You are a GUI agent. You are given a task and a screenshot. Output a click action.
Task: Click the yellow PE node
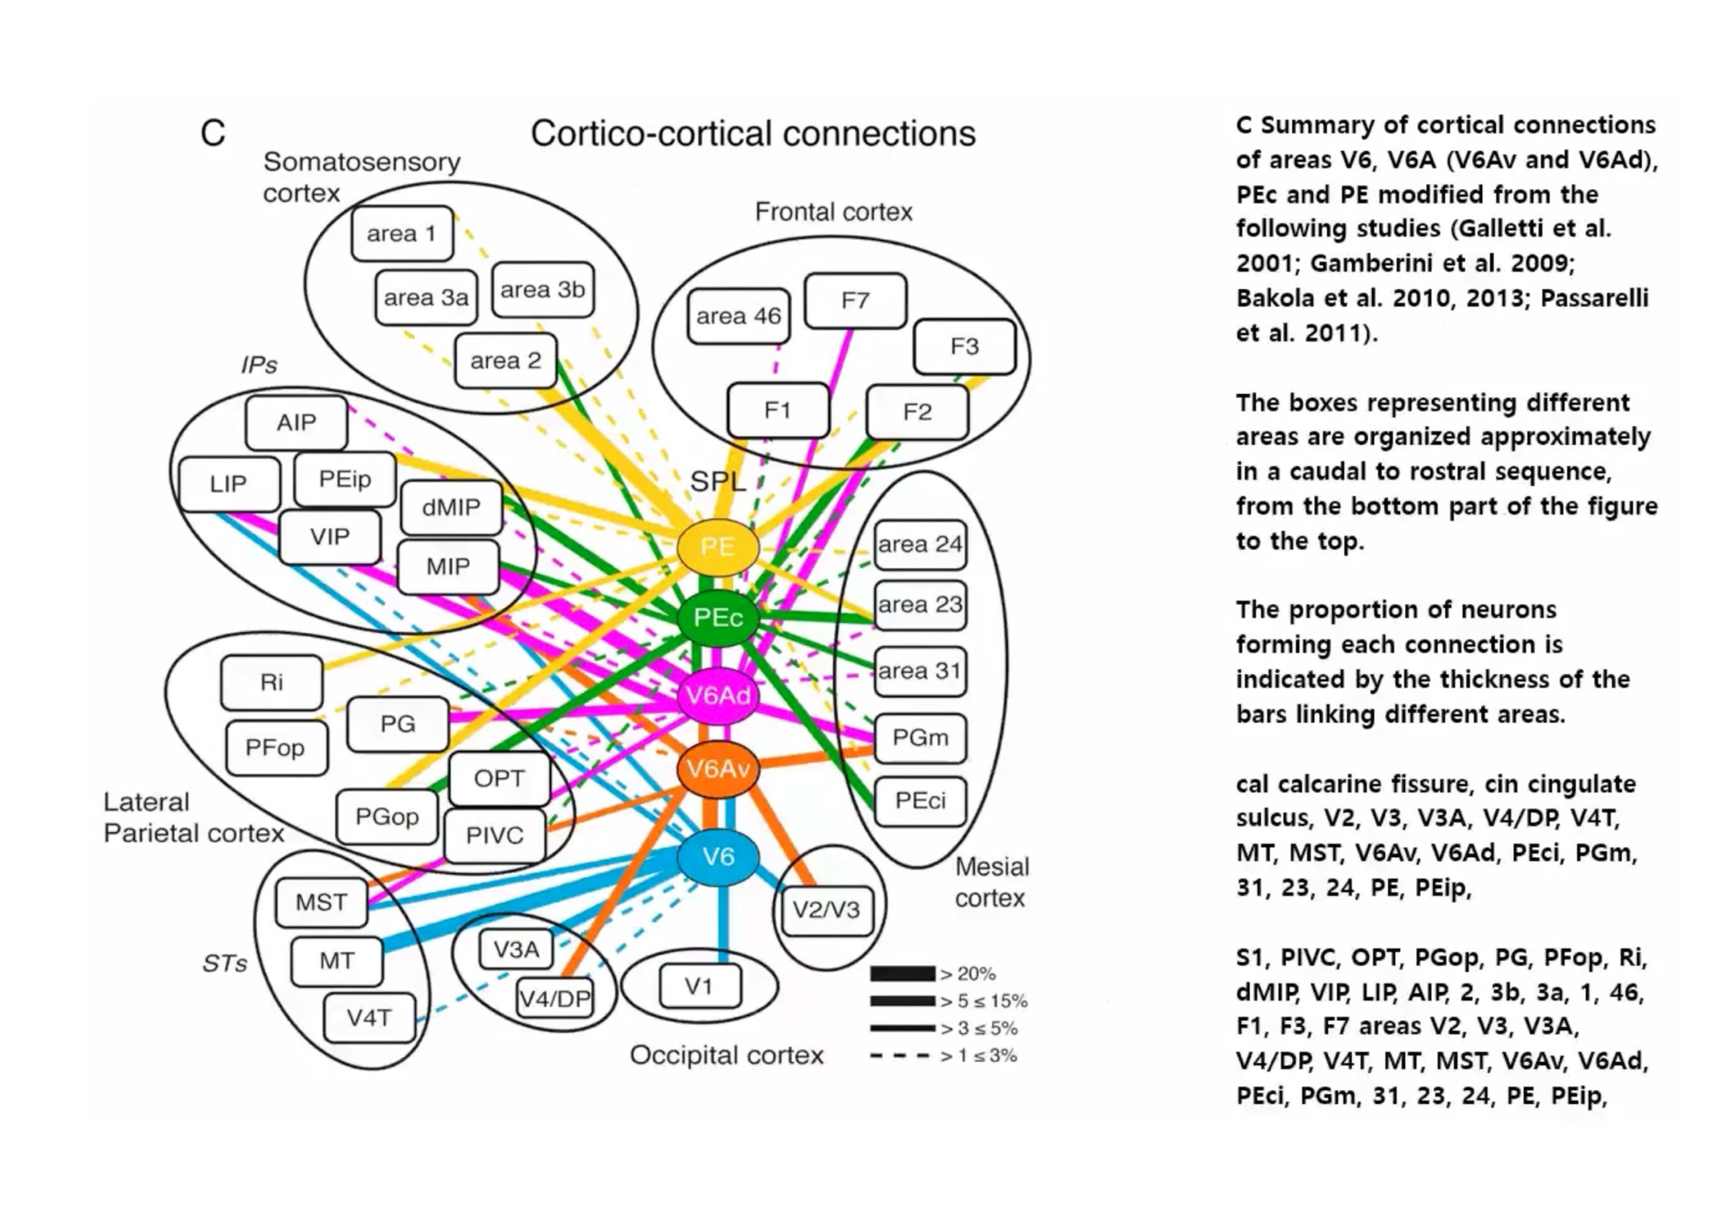(717, 547)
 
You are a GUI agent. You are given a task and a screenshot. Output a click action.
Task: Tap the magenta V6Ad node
(717, 695)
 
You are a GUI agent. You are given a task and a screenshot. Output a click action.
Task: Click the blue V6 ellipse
(717, 856)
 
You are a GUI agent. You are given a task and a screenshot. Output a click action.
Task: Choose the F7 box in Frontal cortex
(855, 300)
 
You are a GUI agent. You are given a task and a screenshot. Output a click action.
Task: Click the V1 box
(699, 986)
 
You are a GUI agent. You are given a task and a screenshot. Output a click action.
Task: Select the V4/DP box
(555, 998)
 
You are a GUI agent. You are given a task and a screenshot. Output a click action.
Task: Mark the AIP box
(296, 422)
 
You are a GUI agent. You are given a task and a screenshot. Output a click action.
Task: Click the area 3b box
(542, 290)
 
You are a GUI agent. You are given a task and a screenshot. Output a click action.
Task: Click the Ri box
(272, 683)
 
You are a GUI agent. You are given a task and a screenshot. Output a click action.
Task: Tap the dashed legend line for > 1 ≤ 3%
(900, 1056)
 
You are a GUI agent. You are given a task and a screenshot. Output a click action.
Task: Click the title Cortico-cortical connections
(753, 133)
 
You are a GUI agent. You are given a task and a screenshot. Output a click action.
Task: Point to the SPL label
(717, 481)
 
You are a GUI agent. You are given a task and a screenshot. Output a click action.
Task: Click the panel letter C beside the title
(213, 133)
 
